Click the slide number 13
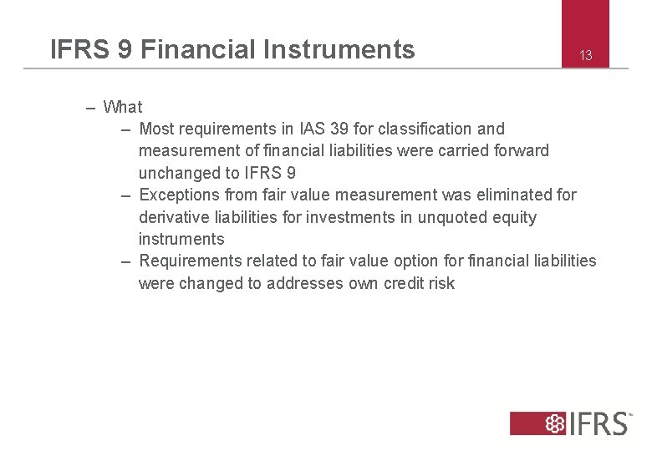click(x=586, y=56)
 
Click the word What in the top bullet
click(x=123, y=107)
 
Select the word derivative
click(x=172, y=217)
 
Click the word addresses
click(x=304, y=283)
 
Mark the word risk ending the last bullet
click(x=441, y=283)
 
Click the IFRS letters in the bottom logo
click(x=599, y=423)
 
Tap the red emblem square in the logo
click(x=553, y=423)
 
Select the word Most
click(x=156, y=129)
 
